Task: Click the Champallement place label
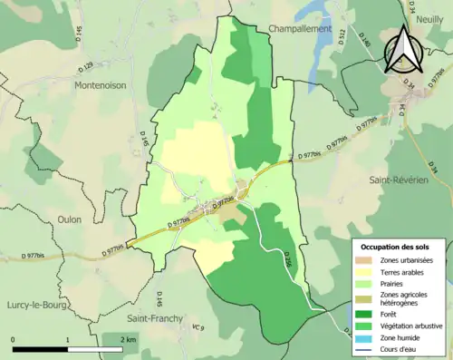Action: (x=301, y=29)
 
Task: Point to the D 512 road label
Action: (x=342, y=36)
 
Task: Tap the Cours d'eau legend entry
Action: (x=400, y=348)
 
